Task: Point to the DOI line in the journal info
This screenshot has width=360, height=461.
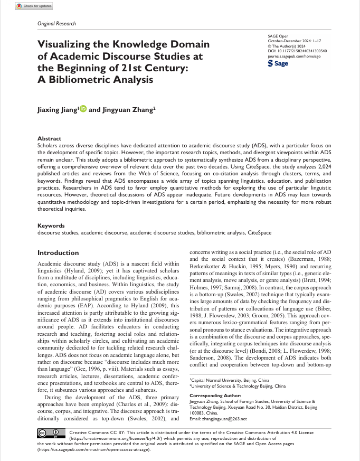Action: pyautogui.click(x=298, y=51)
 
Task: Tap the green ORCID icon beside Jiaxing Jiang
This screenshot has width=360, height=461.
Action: pyautogui.click(x=83, y=110)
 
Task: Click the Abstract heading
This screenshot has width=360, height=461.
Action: pyautogui.click(x=50, y=138)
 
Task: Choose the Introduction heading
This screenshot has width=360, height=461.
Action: pyautogui.click(x=58, y=253)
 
